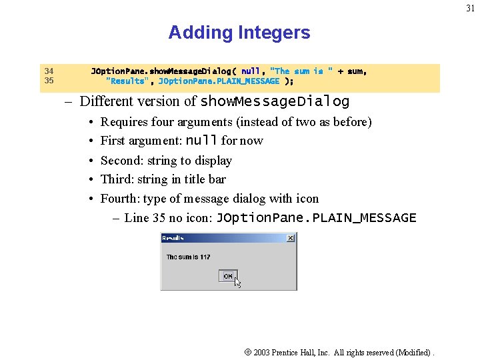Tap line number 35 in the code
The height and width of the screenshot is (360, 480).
49,81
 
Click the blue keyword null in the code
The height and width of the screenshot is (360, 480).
251,71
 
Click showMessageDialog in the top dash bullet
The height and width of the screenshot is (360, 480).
275,102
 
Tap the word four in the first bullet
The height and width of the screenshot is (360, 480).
163,122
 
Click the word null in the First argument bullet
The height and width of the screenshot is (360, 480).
201,141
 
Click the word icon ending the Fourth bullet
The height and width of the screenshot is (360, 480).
307,199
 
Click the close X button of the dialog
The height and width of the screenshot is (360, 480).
291,237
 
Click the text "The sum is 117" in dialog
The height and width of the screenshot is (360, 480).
188,257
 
